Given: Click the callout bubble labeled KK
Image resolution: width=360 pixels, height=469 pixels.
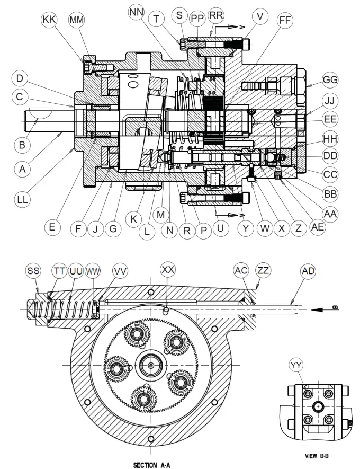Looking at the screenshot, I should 49,20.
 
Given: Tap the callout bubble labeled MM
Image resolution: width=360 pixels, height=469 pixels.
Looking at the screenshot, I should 76,20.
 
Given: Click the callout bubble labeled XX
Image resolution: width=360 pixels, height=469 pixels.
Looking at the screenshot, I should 168,270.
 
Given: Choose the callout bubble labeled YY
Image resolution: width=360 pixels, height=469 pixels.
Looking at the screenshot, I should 296,365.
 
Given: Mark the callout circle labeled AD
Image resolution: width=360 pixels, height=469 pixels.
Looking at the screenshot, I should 308,270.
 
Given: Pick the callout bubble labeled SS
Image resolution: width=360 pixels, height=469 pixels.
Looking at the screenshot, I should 33,270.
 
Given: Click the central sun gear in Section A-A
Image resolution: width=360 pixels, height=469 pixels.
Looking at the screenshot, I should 151,365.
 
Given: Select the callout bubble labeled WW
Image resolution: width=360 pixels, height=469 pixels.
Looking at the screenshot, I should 93,270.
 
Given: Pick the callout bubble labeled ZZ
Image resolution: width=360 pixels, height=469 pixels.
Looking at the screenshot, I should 262,270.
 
